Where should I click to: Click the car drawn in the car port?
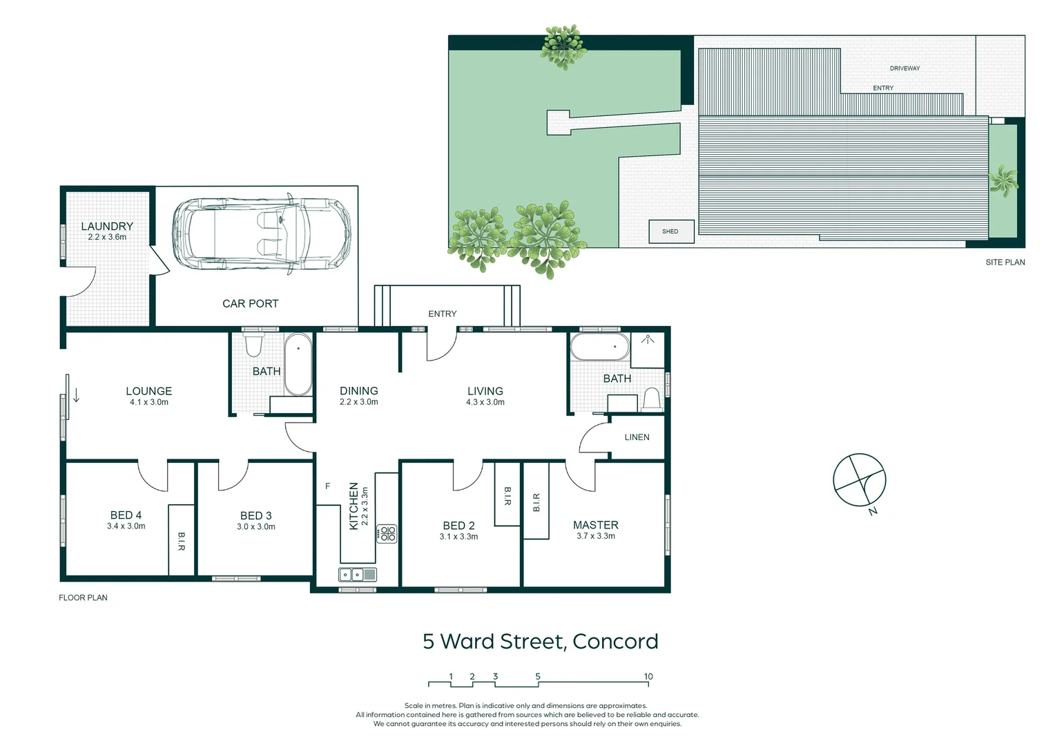(x=262, y=233)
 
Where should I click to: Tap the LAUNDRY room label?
(x=107, y=227)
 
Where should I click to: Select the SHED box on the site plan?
(x=670, y=231)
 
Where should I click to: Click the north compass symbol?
(x=859, y=480)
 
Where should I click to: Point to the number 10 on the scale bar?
(x=648, y=677)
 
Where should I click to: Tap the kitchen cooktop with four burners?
(x=387, y=533)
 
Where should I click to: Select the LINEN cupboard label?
(x=637, y=437)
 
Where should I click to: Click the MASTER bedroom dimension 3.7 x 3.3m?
(x=595, y=536)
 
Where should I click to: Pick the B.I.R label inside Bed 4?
(x=182, y=541)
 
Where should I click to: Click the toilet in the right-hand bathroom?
(x=651, y=399)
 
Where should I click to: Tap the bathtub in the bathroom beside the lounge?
(x=298, y=364)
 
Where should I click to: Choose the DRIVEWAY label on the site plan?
(x=904, y=68)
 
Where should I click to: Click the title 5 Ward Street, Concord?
(x=540, y=642)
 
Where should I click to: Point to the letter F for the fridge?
(x=328, y=486)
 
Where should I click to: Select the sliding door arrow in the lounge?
(x=77, y=395)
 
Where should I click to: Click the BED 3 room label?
(x=255, y=516)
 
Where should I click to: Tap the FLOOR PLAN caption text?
(x=83, y=597)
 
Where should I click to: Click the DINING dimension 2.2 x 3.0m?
(x=358, y=402)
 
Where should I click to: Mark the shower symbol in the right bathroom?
(x=648, y=340)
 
